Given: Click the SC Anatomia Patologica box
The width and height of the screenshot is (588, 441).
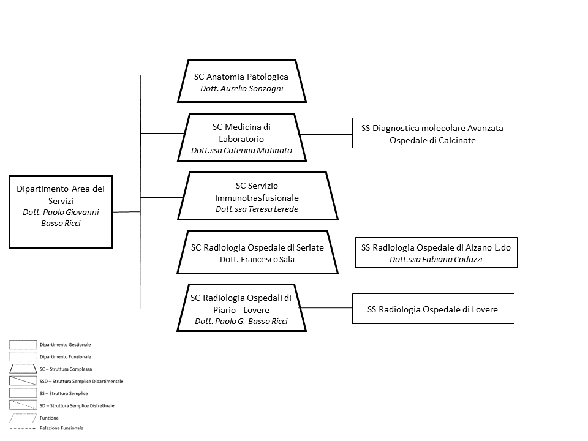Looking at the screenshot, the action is pyautogui.click(x=242, y=81).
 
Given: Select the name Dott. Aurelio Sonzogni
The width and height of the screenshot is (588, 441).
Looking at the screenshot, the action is pyautogui.click(x=242, y=88).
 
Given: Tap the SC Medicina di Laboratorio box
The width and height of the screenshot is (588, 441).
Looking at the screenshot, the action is pyautogui.click(x=242, y=137).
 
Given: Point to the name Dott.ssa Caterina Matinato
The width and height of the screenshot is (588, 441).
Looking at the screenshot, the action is pyautogui.click(x=241, y=151).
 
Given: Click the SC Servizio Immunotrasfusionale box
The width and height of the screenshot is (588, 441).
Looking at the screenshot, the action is pyautogui.click(x=258, y=196).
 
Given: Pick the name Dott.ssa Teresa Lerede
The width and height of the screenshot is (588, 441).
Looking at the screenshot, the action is pyautogui.click(x=257, y=209).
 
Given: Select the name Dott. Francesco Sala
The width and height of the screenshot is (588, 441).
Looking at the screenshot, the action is pyautogui.click(x=257, y=260).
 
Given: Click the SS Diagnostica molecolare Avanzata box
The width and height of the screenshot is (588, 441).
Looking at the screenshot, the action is pyautogui.click(x=433, y=133).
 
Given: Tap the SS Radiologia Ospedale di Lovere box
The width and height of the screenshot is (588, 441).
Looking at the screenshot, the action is pyautogui.click(x=433, y=309).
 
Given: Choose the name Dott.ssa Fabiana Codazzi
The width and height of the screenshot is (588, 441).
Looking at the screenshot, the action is pyautogui.click(x=435, y=260).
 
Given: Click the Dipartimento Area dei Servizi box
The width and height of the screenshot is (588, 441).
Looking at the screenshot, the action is pyautogui.click(x=61, y=212).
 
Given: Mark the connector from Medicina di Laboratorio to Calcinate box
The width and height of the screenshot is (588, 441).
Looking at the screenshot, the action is pyautogui.click(x=326, y=134).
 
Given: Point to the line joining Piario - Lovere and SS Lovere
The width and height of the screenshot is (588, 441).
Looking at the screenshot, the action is pyautogui.click(x=326, y=308).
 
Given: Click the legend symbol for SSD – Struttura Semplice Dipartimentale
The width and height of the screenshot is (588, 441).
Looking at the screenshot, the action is pyautogui.click(x=23, y=381).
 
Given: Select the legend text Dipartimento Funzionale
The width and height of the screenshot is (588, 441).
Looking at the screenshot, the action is pyautogui.click(x=66, y=357).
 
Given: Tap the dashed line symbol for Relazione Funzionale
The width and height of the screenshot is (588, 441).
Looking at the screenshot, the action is pyautogui.click(x=23, y=428).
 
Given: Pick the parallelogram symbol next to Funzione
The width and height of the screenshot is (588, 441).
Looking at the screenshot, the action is pyautogui.click(x=23, y=418).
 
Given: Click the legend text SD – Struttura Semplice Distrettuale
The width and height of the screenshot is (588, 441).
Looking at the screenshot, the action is pyautogui.click(x=77, y=405).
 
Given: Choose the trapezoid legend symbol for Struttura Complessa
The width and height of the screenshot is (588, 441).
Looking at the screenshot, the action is pyautogui.click(x=23, y=369).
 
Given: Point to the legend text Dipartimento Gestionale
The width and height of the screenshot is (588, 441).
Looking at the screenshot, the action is pyautogui.click(x=66, y=345).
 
